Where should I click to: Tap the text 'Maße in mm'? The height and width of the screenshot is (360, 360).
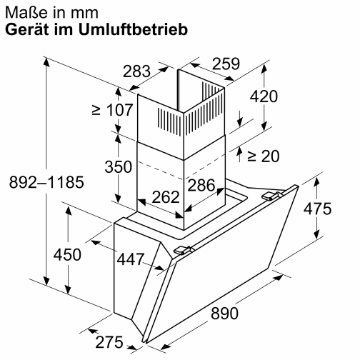[46, 12]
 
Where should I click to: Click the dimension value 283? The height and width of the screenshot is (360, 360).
[136, 71]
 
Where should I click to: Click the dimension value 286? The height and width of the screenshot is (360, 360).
[201, 185]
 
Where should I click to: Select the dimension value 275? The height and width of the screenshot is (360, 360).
[109, 342]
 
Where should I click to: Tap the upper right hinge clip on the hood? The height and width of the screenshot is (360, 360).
[270, 195]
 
